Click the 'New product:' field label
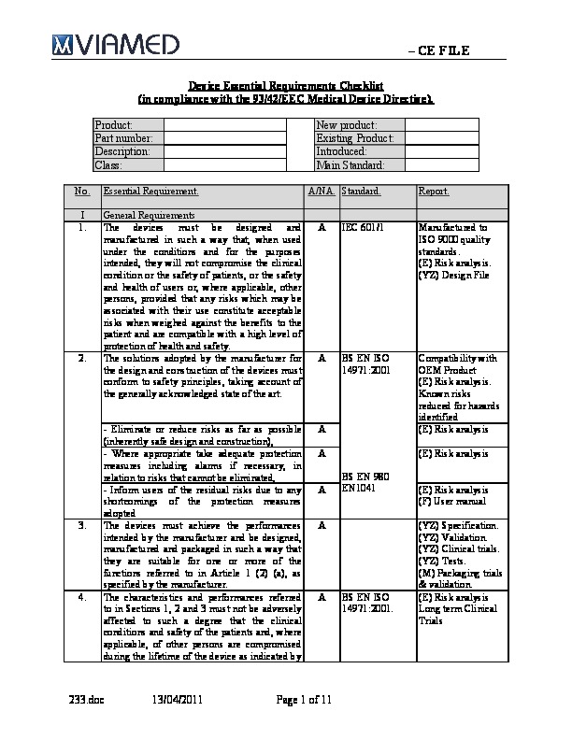346,125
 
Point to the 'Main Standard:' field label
350,164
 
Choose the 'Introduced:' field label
341,151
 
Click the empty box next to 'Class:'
224,164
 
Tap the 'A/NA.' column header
321,192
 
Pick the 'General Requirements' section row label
143,215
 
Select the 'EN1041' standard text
359,487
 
